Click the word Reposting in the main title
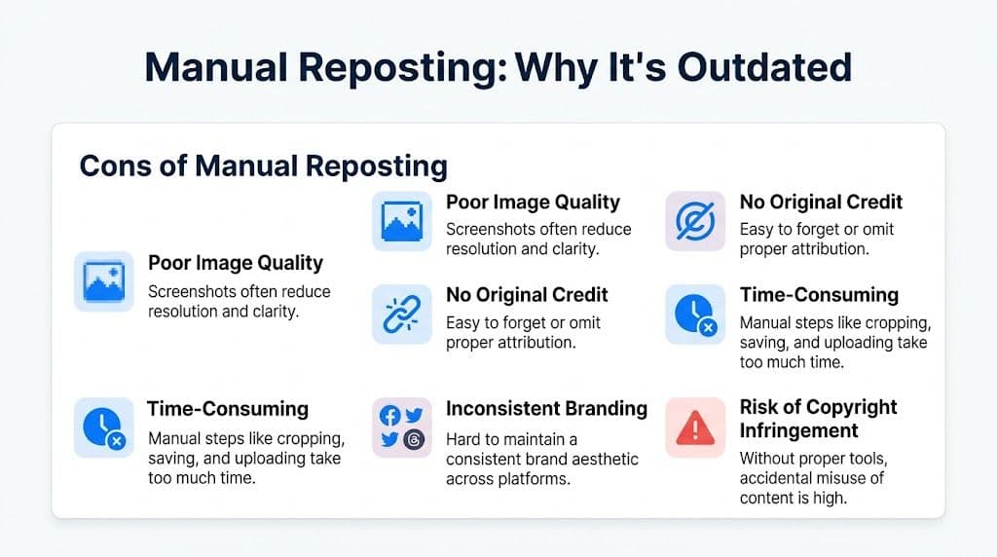coord(381,67)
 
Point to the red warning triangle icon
coord(694,427)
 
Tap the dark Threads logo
coord(413,439)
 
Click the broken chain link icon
coord(400,315)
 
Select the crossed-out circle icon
coord(694,222)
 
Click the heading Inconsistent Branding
coord(546,408)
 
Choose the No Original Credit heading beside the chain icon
coord(527,295)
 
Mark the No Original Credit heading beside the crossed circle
coord(821,203)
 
